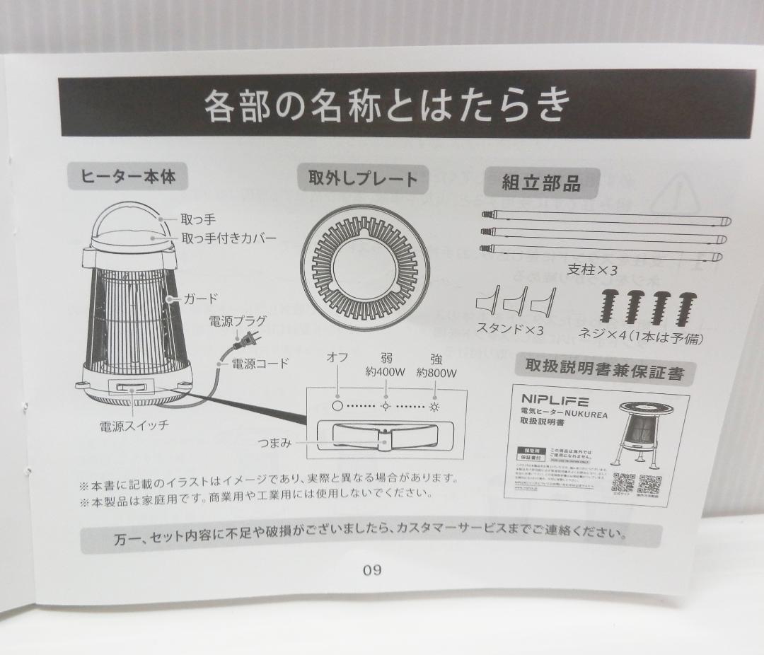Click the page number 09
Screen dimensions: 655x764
[372, 570]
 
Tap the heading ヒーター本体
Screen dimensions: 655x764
[128, 178]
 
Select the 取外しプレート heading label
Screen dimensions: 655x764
[363, 180]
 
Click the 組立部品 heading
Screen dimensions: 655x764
[541, 183]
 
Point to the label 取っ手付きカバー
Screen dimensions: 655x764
[228, 238]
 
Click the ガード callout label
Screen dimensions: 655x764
[201, 298]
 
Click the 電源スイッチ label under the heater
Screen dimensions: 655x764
[134, 426]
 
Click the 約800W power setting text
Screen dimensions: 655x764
[436, 373]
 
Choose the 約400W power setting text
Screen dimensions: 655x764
[386, 372]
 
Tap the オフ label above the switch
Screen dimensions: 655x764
[337, 358]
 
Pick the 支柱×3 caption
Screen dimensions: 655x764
[593, 269]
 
